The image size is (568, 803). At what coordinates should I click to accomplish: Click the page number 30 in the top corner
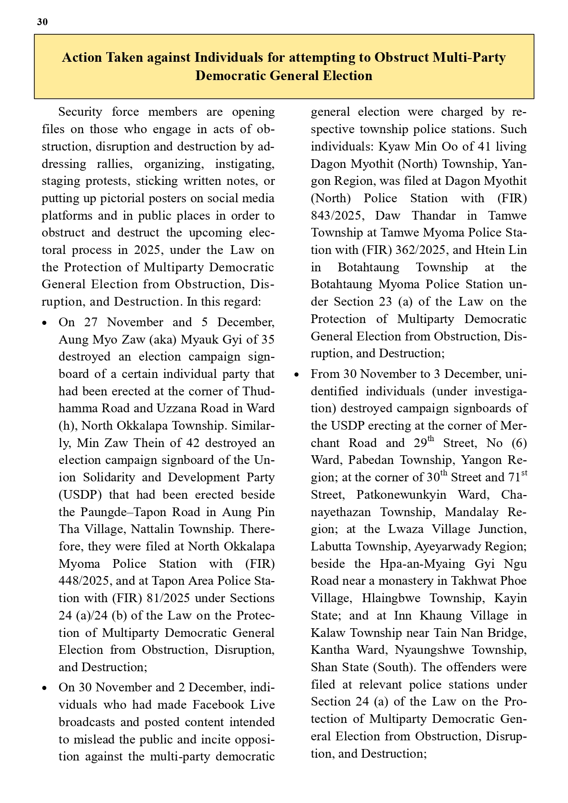click(42, 22)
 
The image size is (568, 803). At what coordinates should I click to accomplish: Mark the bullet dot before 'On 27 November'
click(44, 323)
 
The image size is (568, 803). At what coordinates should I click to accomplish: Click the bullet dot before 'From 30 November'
click(297, 375)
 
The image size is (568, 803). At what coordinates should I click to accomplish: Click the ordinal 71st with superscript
click(517, 477)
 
